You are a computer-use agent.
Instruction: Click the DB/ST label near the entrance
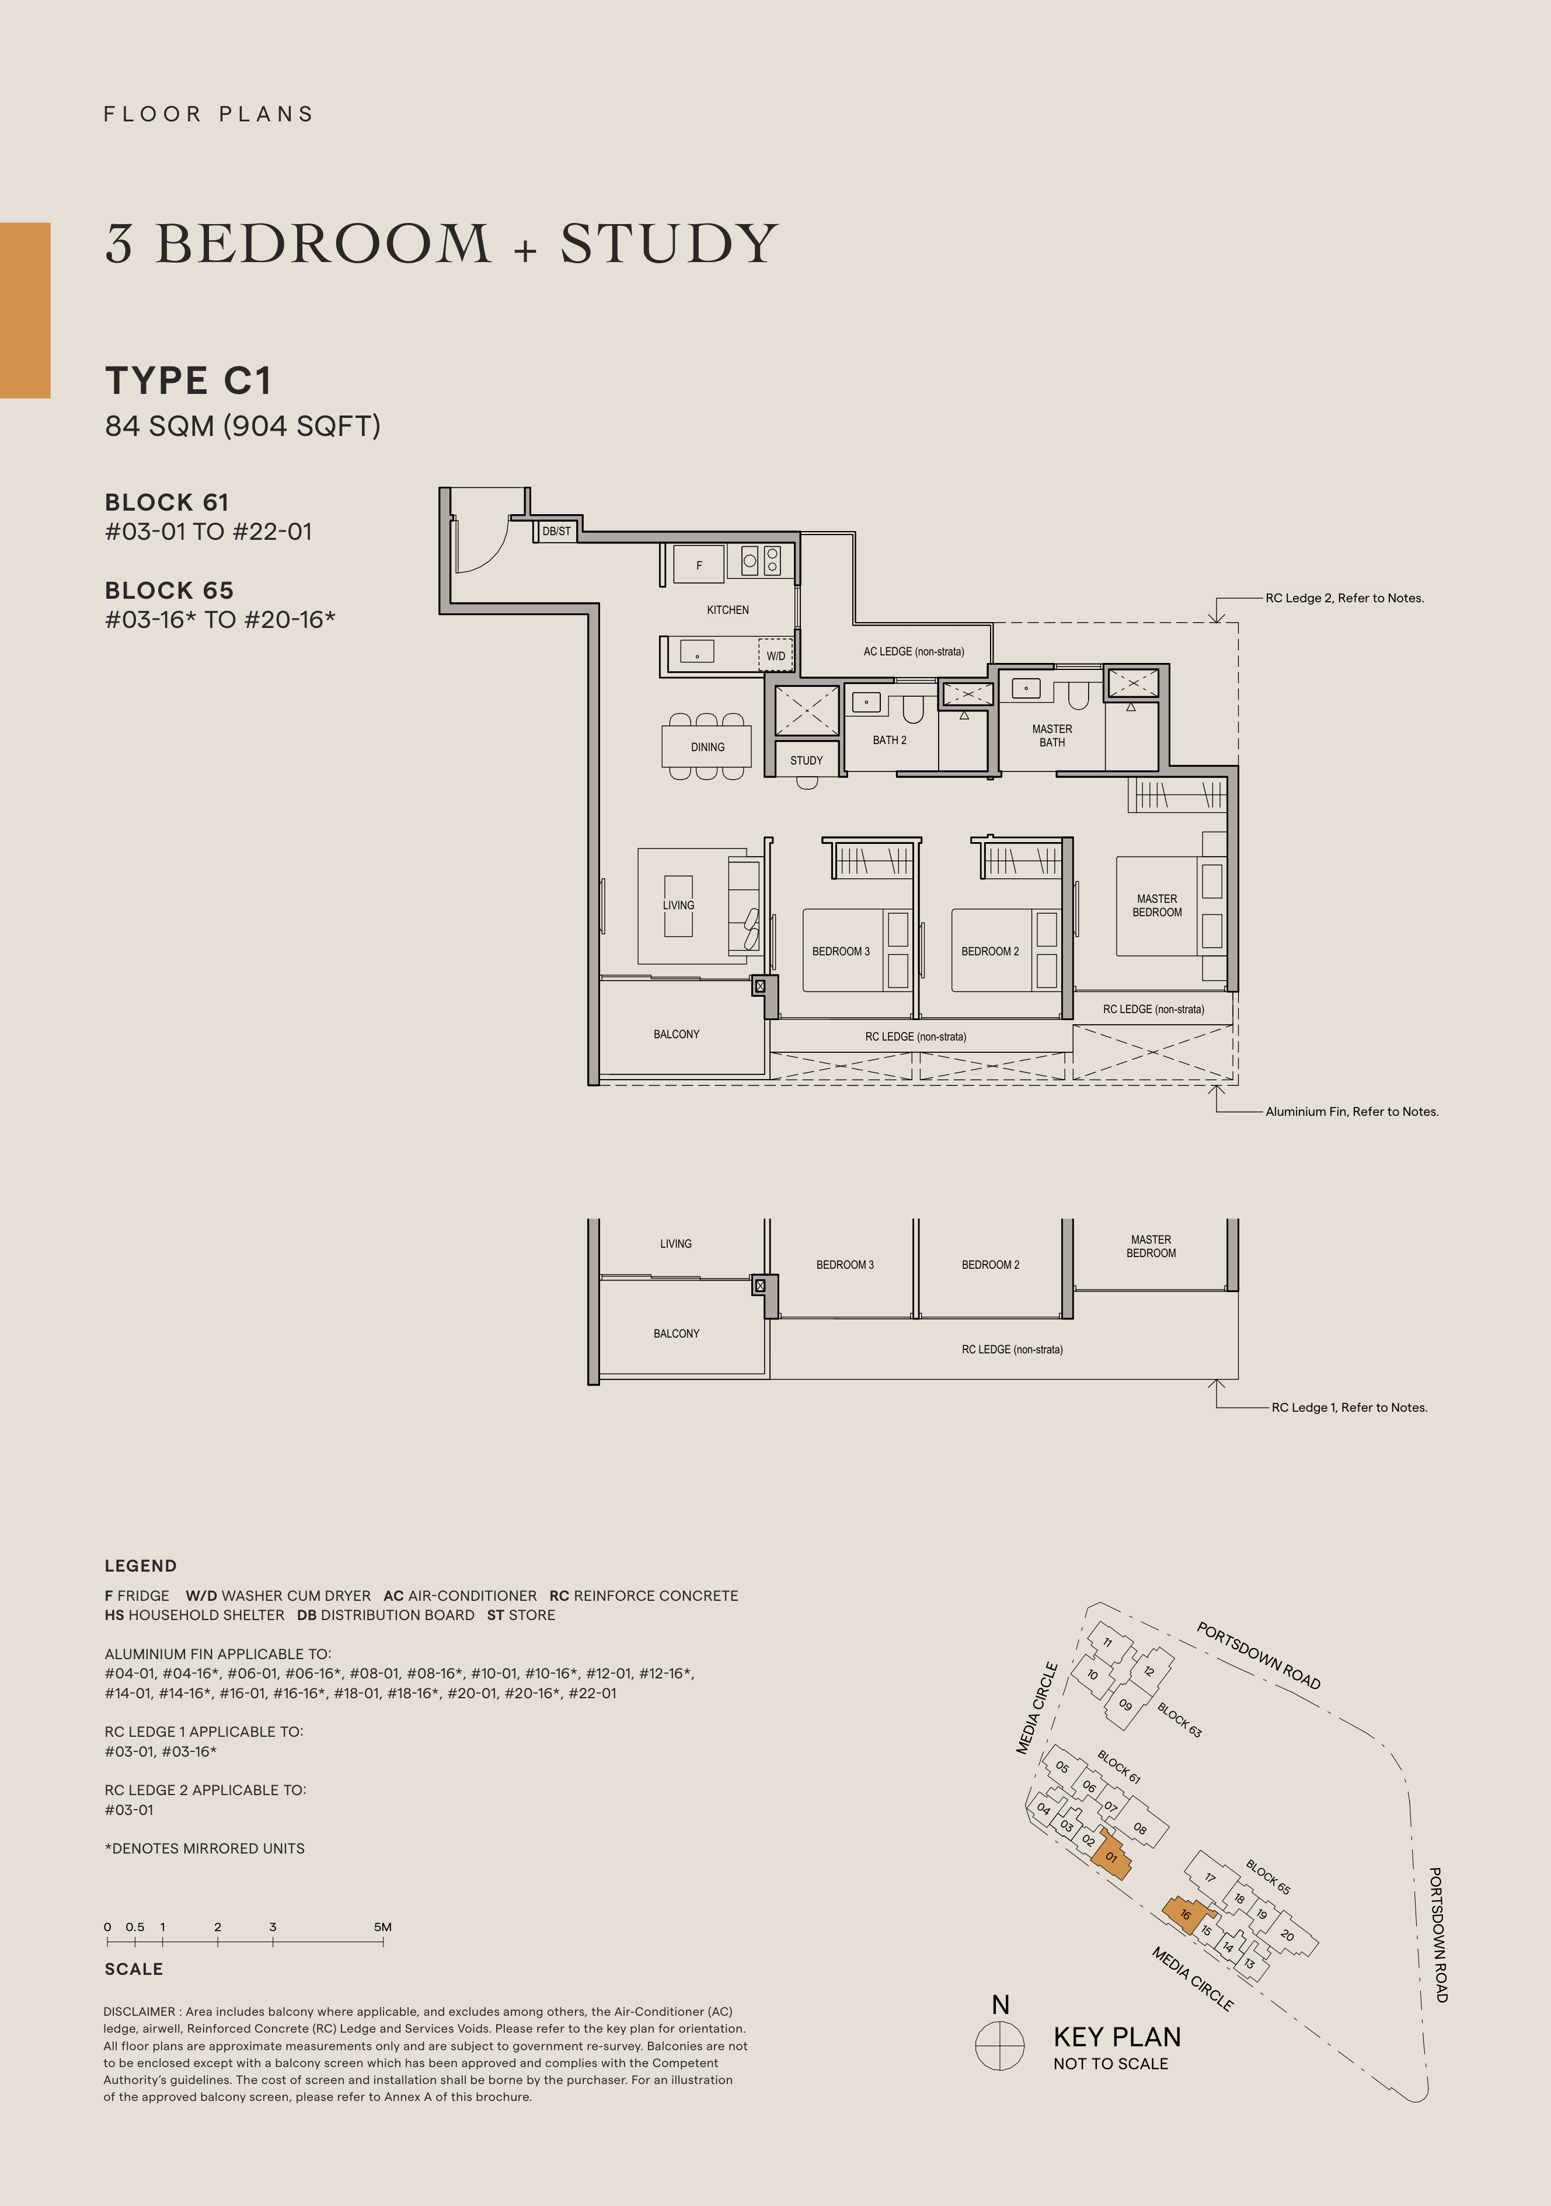pyautogui.click(x=556, y=531)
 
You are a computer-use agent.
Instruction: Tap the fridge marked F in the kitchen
pyautogui.click(x=699, y=565)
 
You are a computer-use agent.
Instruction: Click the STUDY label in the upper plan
pyautogui.click(x=806, y=760)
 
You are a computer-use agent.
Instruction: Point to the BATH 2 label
pyautogui.click(x=889, y=740)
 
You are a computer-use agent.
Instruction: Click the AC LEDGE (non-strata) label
pyautogui.click(x=913, y=651)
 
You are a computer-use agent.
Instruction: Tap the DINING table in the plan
pyautogui.click(x=707, y=746)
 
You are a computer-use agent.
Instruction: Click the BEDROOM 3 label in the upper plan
pyautogui.click(x=841, y=951)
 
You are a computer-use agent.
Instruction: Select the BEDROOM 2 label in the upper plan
pyautogui.click(x=990, y=951)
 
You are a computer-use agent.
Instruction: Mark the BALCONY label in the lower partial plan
pyautogui.click(x=677, y=1334)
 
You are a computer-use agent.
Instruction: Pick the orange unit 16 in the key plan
pyautogui.click(x=1185, y=1914)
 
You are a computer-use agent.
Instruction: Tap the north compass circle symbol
pyautogui.click(x=999, y=2046)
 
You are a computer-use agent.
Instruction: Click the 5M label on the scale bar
pyautogui.click(x=382, y=1926)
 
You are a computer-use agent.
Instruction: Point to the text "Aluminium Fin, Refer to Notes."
pyautogui.click(x=1351, y=1112)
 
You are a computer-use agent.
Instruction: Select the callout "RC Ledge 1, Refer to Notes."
pyautogui.click(x=1349, y=1408)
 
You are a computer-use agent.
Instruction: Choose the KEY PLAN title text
pyautogui.click(x=1117, y=2037)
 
